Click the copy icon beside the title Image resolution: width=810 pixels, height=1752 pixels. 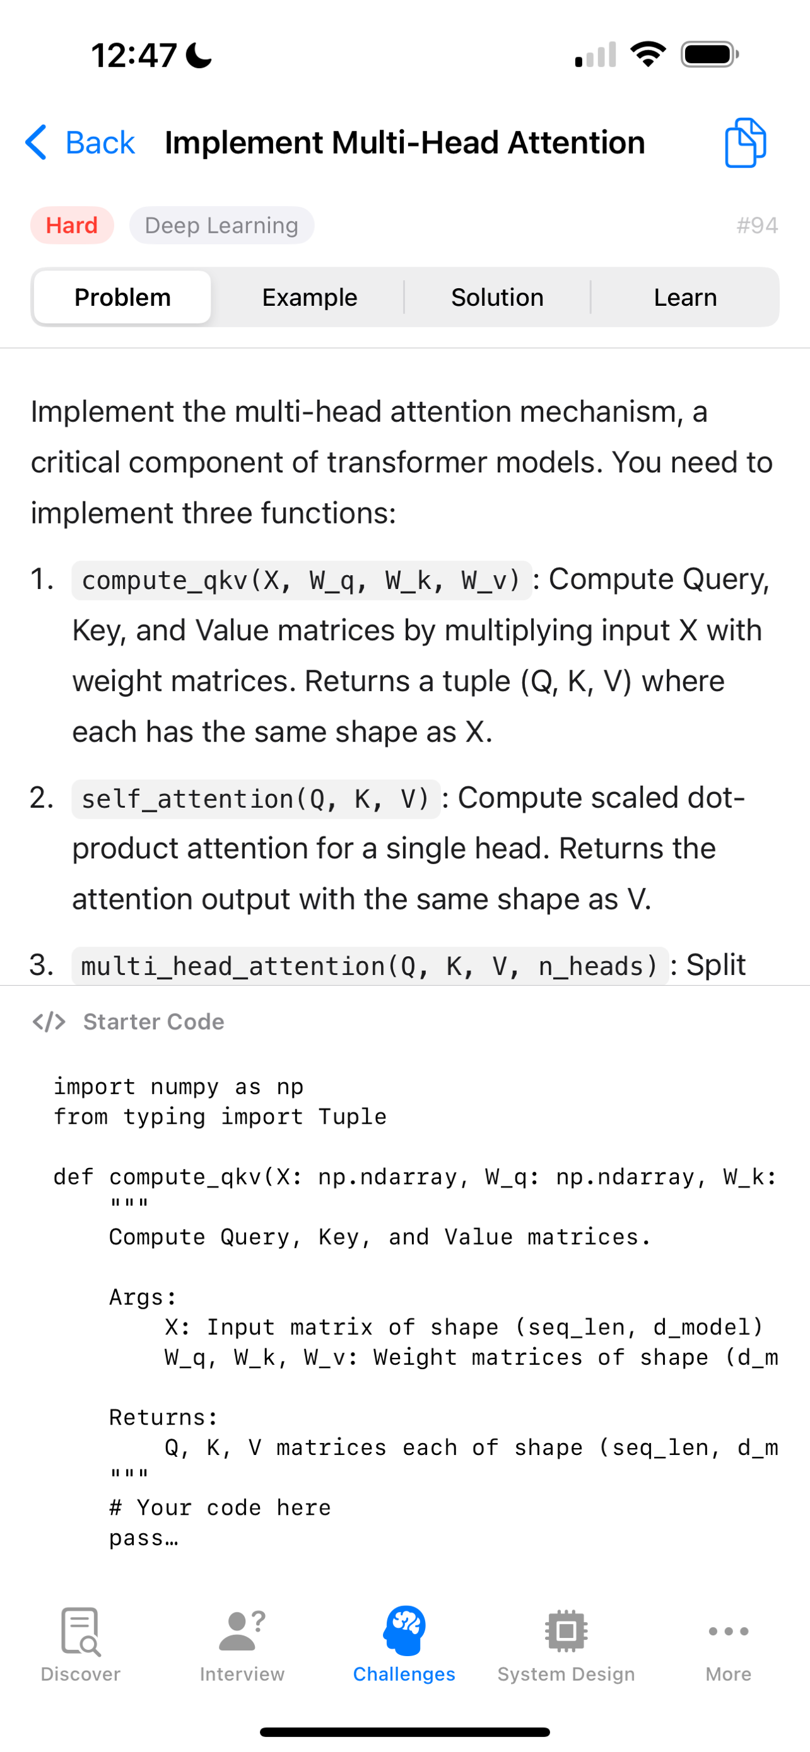point(746,143)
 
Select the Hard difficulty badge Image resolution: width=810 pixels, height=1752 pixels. point(72,225)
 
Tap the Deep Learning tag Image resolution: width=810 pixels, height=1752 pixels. point(221,225)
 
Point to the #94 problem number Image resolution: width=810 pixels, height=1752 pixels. point(757,225)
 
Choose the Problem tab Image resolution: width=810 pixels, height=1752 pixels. point(122,297)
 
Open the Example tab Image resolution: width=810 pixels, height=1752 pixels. point(310,297)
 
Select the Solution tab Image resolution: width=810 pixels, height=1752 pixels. point(497,297)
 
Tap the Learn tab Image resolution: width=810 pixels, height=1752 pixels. point(685,297)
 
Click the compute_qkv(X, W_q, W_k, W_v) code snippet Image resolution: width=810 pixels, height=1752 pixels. point(302,580)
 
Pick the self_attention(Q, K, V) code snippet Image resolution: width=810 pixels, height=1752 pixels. point(255,799)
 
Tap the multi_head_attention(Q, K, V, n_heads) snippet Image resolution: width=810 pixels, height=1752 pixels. point(370,966)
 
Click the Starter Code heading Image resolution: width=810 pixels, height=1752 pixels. point(154,1022)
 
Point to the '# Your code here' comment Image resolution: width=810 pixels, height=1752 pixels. point(220,1508)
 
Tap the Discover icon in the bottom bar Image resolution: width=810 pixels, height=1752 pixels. point(80,1631)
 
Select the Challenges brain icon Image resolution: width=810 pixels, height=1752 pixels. point(404,1630)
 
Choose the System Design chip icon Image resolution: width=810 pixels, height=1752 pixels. point(566,1631)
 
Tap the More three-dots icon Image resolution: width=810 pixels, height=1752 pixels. point(729,1631)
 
